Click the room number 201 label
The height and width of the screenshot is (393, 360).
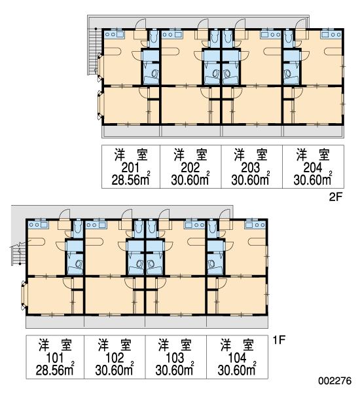click(130, 168)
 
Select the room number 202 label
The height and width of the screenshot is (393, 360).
click(190, 168)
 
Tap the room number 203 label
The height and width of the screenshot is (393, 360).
click(250, 168)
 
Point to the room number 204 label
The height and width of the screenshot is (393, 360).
click(313, 168)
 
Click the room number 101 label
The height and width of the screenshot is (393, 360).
click(54, 358)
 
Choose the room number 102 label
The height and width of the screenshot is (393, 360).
click(115, 358)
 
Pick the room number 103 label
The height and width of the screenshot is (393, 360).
click(175, 358)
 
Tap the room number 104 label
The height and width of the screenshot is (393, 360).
click(237, 358)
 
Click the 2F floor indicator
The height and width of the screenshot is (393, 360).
click(335, 197)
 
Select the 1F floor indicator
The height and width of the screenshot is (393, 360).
click(279, 340)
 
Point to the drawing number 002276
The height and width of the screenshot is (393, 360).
click(335, 381)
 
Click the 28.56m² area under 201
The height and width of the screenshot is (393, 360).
click(131, 179)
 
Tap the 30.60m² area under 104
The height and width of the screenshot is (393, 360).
click(237, 369)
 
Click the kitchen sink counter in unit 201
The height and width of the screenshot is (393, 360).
click(115, 34)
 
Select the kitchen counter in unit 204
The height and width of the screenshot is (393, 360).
click(331, 34)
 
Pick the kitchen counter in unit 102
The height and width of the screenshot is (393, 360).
click(96, 224)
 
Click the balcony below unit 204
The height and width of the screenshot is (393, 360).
click(314, 132)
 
